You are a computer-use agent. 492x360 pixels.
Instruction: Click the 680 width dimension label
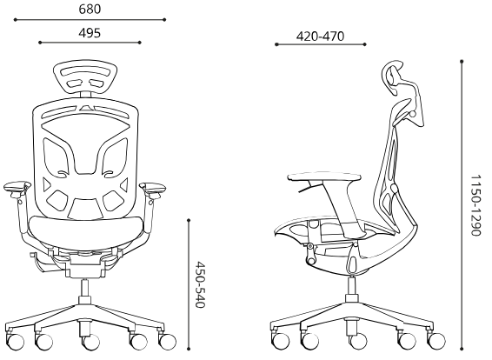pos(90,10)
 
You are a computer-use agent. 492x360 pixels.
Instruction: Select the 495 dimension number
pos(90,33)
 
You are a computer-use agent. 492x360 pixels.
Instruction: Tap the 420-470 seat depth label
pos(320,37)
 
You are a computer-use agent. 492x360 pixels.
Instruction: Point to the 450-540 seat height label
pos(200,284)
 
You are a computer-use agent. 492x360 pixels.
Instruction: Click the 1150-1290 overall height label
pos(475,205)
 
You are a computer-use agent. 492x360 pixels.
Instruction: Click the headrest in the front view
pos(85,77)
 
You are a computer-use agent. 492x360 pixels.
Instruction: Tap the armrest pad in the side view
pos(324,177)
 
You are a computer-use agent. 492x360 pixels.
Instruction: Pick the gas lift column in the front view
pos(84,288)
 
